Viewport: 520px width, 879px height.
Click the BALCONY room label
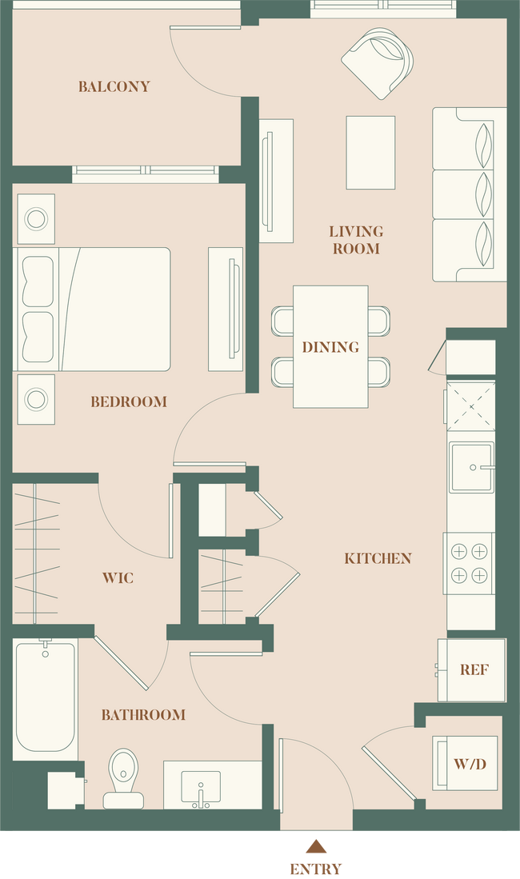pyautogui.click(x=114, y=86)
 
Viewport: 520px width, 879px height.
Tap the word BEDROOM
pyautogui.click(x=129, y=402)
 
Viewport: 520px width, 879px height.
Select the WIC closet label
pyautogui.click(x=118, y=577)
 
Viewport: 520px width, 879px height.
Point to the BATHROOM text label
pyautogui.click(x=143, y=714)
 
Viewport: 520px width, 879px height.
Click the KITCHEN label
pyautogui.click(x=378, y=558)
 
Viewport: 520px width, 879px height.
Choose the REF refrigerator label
pyautogui.click(x=474, y=670)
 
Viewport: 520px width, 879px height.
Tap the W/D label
pyautogui.click(x=470, y=763)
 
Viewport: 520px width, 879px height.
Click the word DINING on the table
pyautogui.click(x=330, y=347)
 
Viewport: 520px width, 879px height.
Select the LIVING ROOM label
pyautogui.click(x=356, y=240)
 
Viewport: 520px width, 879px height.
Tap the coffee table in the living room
pyautogui.click(x=370, y=153)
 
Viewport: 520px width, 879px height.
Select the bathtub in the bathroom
pyautogui.click(x=45, y=696)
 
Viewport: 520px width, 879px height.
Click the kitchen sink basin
pyautogui.click(x=470, y=468)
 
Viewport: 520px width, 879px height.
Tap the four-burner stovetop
pyautogui.click(x=470, y=564)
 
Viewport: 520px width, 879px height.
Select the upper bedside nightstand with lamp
pyautogui.click(x=36, y=218)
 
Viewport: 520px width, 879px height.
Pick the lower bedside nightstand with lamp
pyautogui.click(x=36, y=397)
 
